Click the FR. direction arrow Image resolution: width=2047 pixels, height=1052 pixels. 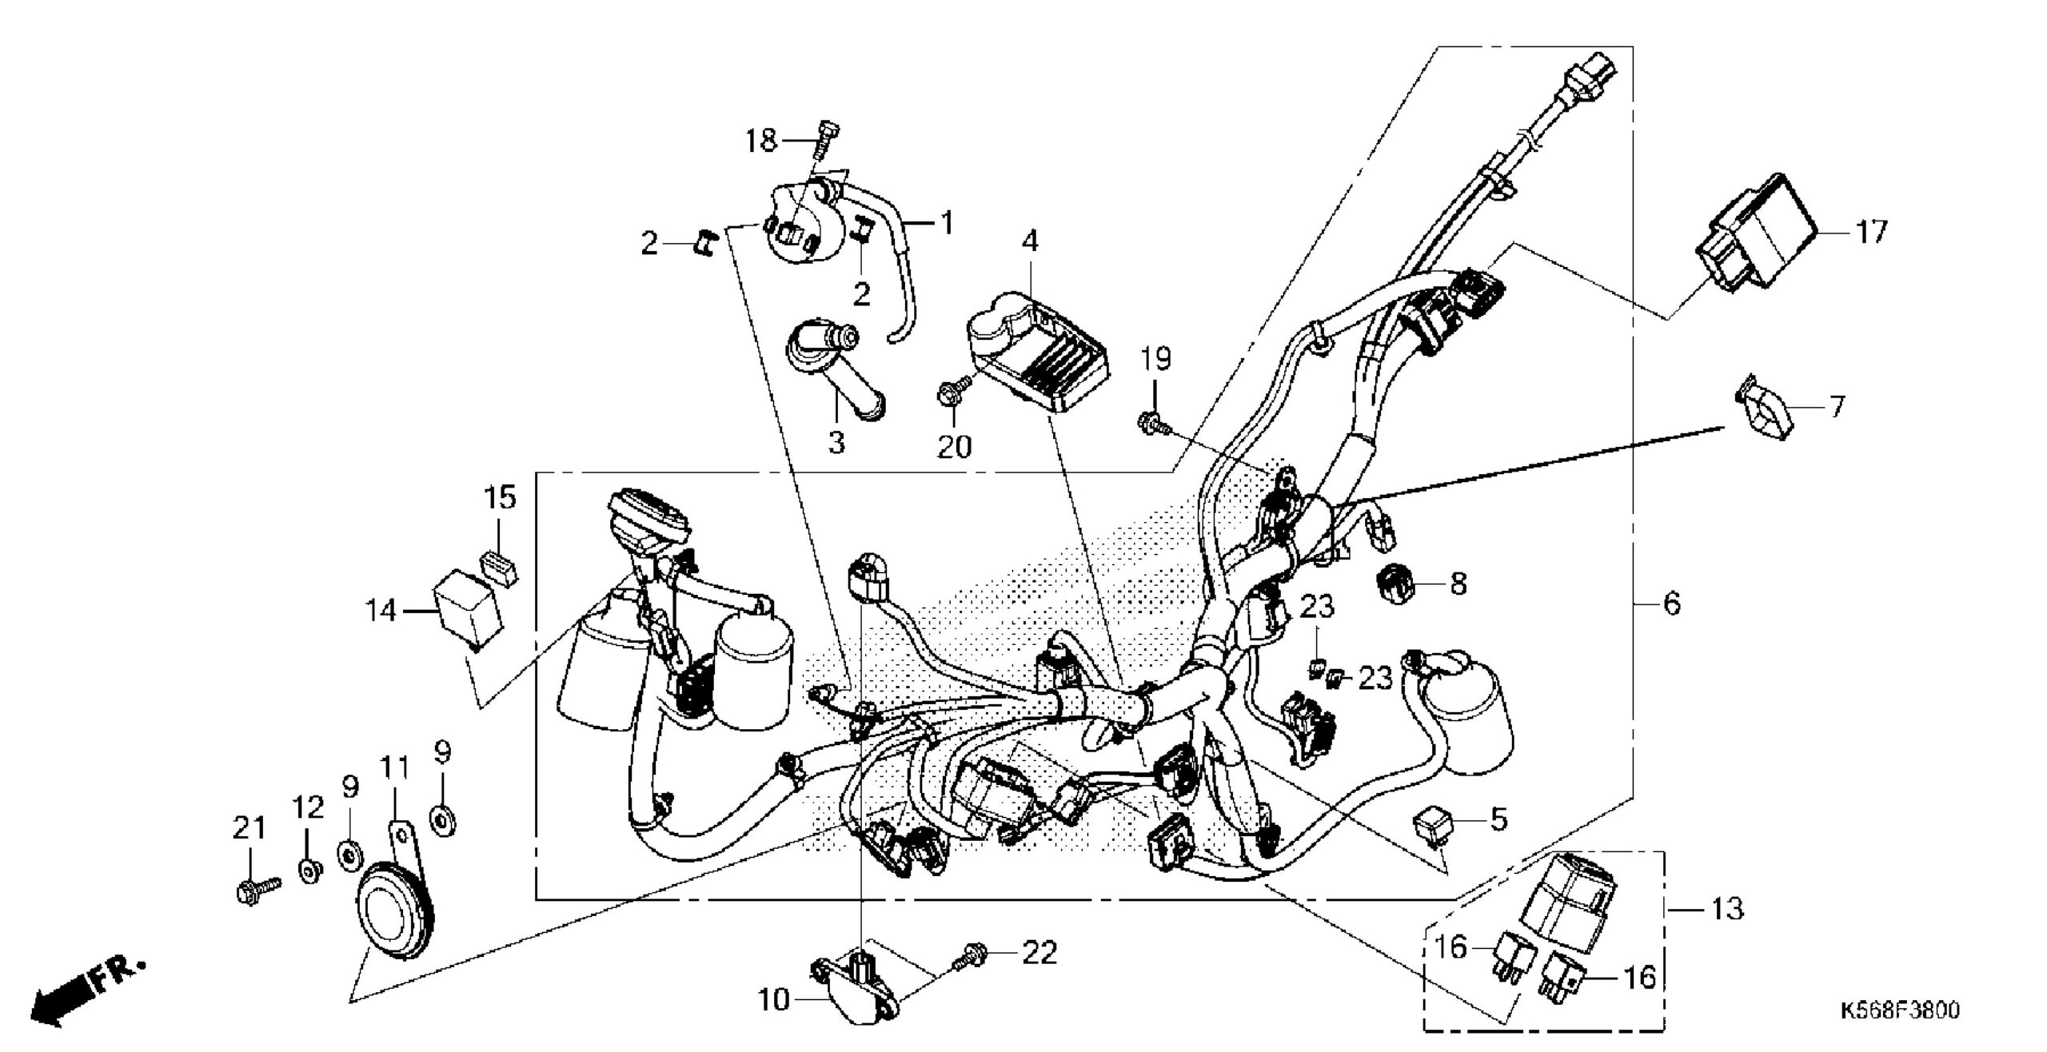tap(88, 991)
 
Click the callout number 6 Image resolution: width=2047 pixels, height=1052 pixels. tap(1671, 604)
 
